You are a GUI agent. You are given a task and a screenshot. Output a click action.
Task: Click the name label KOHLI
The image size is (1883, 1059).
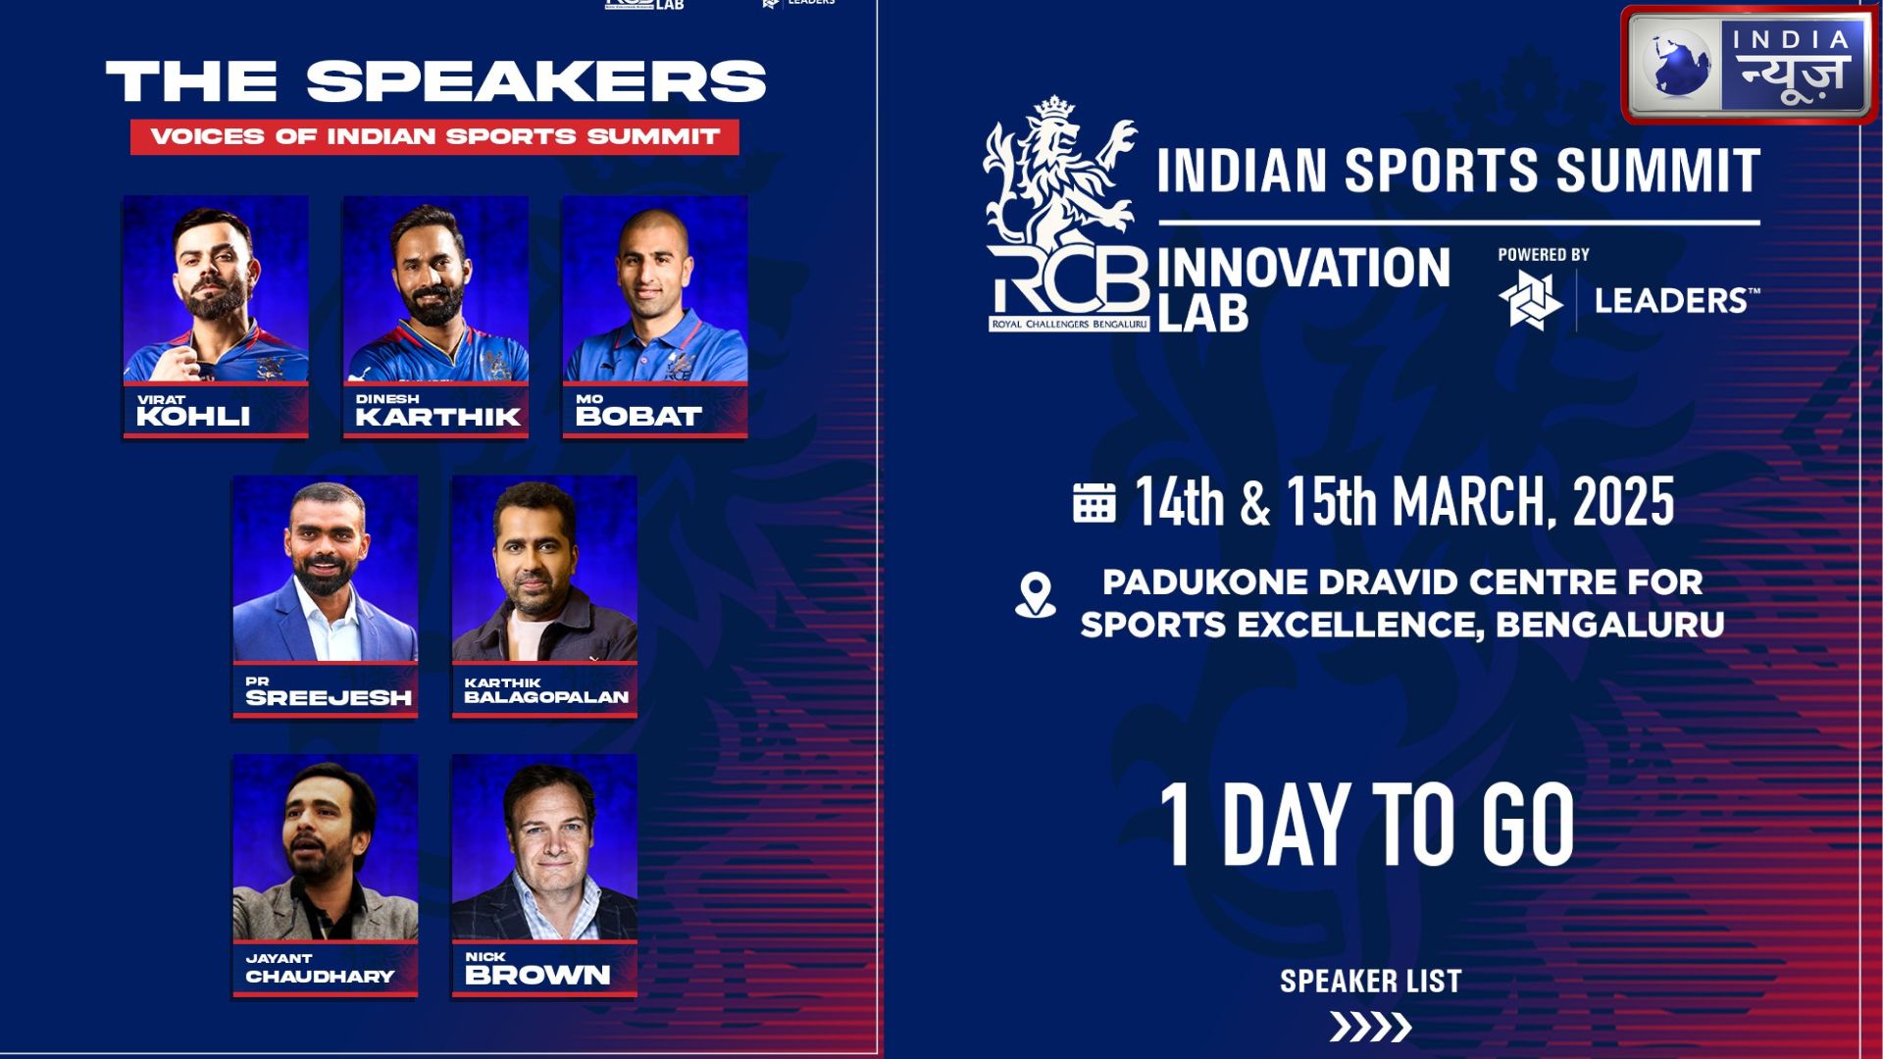(193, 416)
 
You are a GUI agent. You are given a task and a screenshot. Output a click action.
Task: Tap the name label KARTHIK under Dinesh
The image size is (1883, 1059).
(437, 417)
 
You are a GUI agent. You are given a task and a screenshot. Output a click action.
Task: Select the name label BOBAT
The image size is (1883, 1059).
(638, 417)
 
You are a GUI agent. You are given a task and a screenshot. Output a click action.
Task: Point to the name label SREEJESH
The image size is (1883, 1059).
(329, 697)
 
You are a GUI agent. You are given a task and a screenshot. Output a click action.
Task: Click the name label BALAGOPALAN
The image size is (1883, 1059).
(546, 697)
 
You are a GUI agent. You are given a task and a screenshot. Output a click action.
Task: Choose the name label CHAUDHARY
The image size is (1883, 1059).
(320, 977)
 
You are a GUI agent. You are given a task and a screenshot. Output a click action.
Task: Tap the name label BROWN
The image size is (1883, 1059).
(537, 975)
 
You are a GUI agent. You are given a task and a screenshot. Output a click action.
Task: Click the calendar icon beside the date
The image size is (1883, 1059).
(1094, 502)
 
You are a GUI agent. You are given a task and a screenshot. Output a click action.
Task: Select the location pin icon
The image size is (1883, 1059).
(1036, 595)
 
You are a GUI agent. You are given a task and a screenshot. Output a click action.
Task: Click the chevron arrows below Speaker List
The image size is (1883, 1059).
(1370, 1027)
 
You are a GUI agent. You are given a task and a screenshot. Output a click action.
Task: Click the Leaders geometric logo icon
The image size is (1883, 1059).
(1531, 300)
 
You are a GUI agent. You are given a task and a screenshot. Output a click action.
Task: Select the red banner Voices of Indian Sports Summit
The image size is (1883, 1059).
(434, 136)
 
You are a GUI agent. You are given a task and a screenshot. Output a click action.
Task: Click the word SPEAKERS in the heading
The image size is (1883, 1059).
(535, 81)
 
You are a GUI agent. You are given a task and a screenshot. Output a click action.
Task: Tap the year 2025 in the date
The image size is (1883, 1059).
(1623, 502)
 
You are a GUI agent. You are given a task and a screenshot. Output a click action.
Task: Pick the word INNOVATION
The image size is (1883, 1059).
(1303, 268)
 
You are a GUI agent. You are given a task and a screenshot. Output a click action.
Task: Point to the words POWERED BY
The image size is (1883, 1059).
(1544, 254)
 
